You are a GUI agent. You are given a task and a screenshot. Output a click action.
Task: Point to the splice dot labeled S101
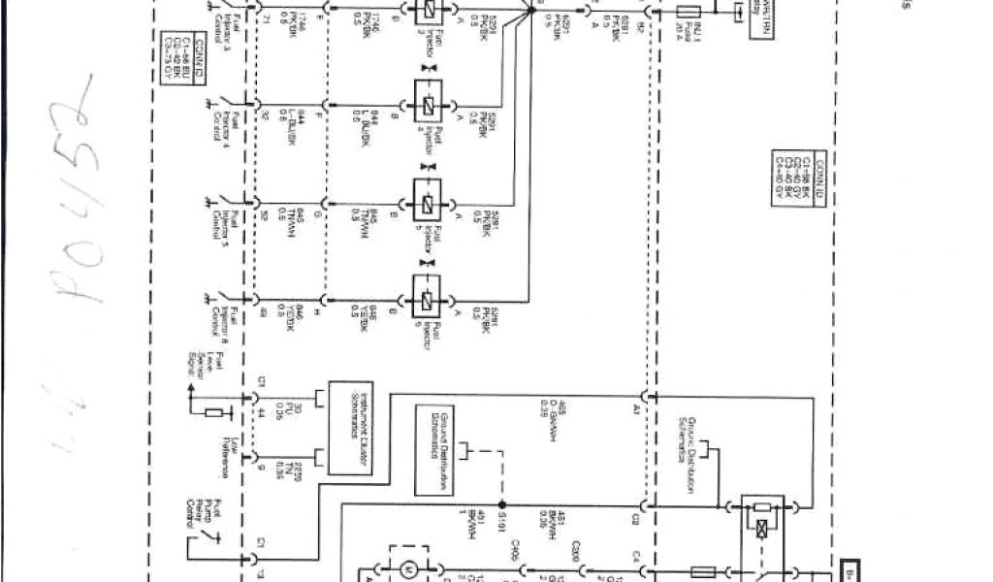(x=501, y=505)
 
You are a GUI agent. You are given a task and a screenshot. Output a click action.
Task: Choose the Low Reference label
(x=221, y=457)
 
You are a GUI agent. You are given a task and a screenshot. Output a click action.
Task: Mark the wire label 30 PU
(x=281, y=409)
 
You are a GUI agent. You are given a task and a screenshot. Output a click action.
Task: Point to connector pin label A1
(x=637, y=411)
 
